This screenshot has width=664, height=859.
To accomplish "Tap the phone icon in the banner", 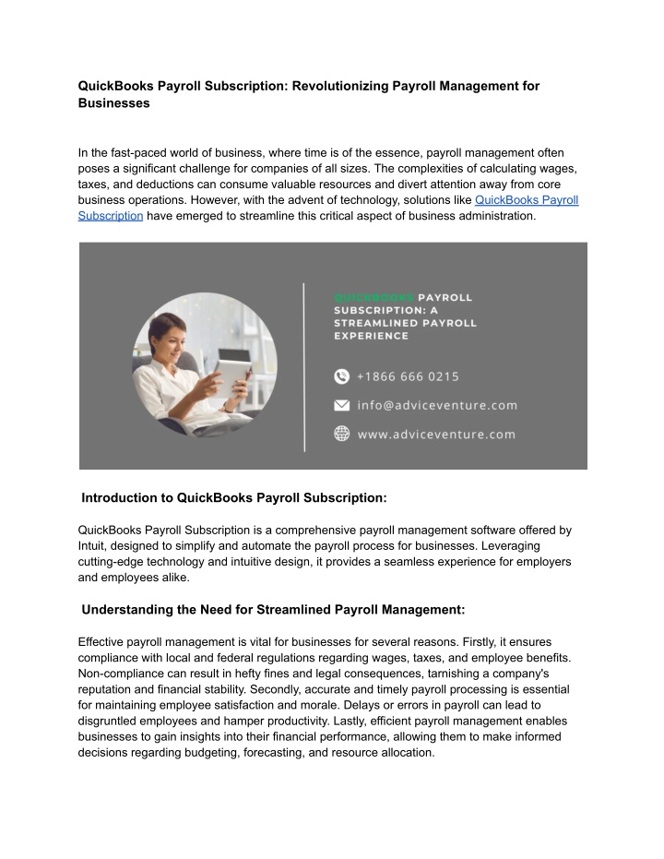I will coord(342,376).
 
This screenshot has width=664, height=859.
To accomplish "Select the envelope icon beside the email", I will coord(342,405).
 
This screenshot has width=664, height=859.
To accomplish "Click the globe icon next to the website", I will coord(342,433).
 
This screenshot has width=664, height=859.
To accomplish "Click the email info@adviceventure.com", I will coord(437,405).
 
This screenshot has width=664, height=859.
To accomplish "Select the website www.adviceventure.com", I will coord(436,434).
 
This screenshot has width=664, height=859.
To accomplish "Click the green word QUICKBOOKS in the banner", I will coord(373,298).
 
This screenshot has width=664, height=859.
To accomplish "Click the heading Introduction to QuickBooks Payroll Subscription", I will coord(234,498).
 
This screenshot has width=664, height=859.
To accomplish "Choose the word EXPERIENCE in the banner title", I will coord(371,336).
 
